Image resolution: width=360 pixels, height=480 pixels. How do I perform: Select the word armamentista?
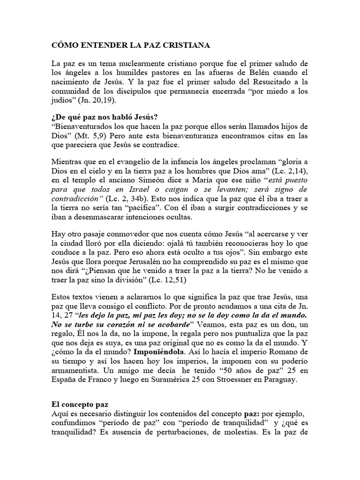[76, 358]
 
